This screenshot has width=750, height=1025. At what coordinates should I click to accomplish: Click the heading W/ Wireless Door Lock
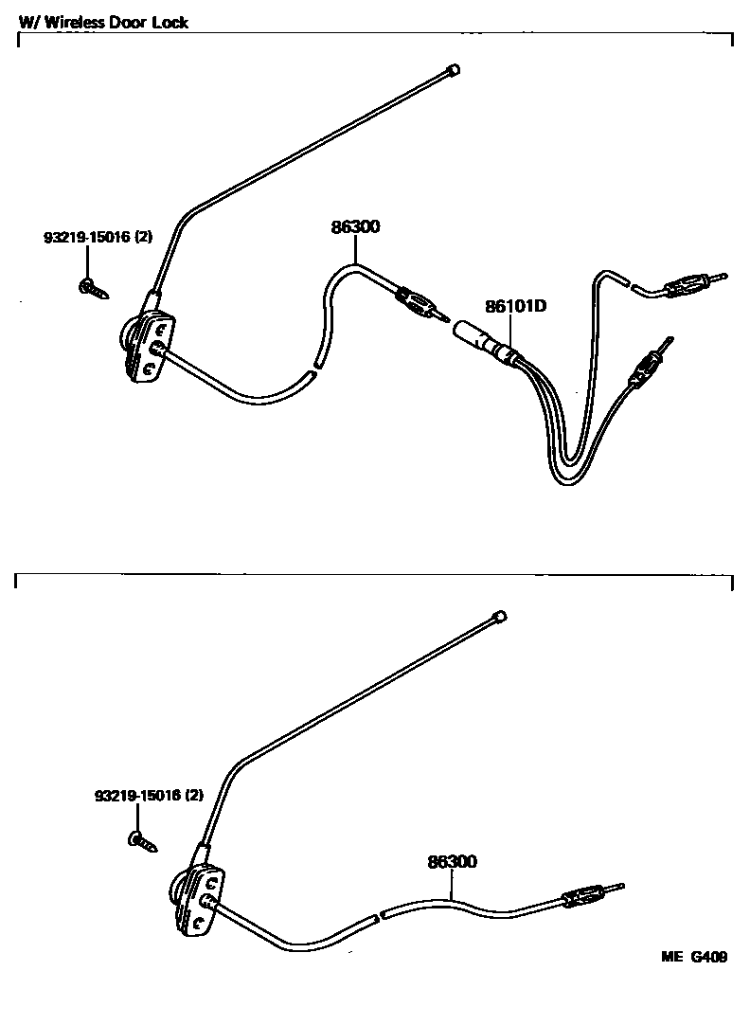point(104,22)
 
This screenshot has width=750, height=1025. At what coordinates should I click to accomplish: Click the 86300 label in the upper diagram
point(355,227)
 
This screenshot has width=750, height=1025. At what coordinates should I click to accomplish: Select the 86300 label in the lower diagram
point(452,862)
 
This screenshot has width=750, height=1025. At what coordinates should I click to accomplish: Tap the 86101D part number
point(517,307)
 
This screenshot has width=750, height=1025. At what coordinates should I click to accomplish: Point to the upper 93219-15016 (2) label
point(98,239)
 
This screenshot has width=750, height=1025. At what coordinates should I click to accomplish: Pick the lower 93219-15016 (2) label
point(149,797)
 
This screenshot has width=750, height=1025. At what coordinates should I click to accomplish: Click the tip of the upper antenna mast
point(453,69)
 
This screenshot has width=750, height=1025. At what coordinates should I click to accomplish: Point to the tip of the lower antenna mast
point(499,617)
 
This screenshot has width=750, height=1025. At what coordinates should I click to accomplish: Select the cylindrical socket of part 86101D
point(477,338)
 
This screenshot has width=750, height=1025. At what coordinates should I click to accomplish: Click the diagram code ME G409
point(694,957)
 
